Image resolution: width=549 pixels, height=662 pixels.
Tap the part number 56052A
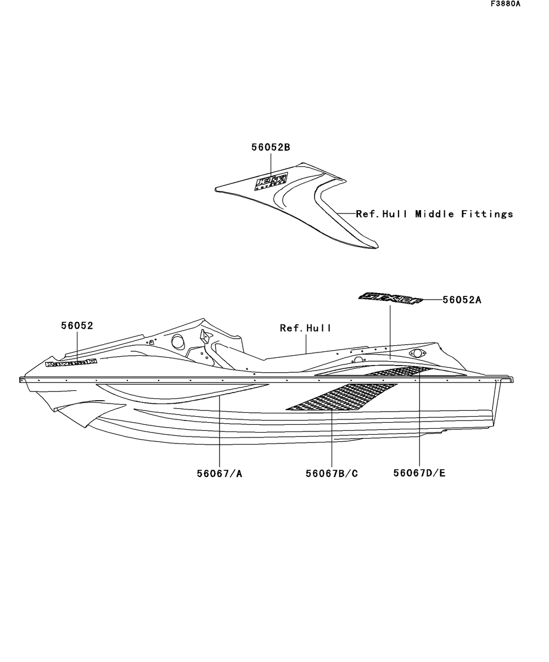coord(462,300)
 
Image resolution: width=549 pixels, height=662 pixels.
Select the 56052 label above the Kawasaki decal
coord(77,326)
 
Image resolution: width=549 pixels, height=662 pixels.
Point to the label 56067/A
coord(220,473)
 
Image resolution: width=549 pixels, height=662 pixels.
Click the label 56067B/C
coord(332,473)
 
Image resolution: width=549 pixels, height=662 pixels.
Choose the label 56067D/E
coord(419,473)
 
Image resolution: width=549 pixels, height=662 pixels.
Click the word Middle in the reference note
coord(434,214)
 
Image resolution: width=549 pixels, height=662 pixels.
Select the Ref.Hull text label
coord(305,328)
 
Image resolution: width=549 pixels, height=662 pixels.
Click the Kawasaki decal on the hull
coord(71,363)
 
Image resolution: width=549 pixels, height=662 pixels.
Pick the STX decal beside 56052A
coord(390,298)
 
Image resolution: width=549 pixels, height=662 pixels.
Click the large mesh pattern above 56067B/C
coord(341,397)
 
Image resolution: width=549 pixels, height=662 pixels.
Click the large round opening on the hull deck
coord(178,341)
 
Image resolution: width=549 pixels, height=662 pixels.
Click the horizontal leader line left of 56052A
coord(433,300)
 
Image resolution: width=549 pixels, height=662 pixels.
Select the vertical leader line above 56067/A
coord(220,434)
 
